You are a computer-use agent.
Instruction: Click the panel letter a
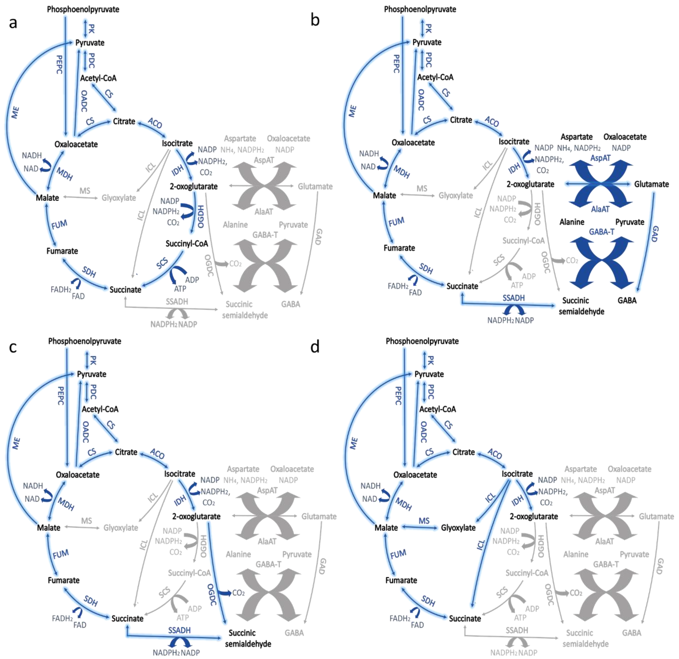[x=13, y=23]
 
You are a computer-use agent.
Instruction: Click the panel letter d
[x=315, y=347]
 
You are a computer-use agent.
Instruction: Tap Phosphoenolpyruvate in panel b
[x=420, y=9]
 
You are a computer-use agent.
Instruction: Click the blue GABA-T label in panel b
[x=602, y=232]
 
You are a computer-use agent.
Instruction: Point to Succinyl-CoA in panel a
[x=187, y=244]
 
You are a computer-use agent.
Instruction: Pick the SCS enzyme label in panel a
[x=162, y=263]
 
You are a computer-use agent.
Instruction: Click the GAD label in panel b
[x=655, y=234]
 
